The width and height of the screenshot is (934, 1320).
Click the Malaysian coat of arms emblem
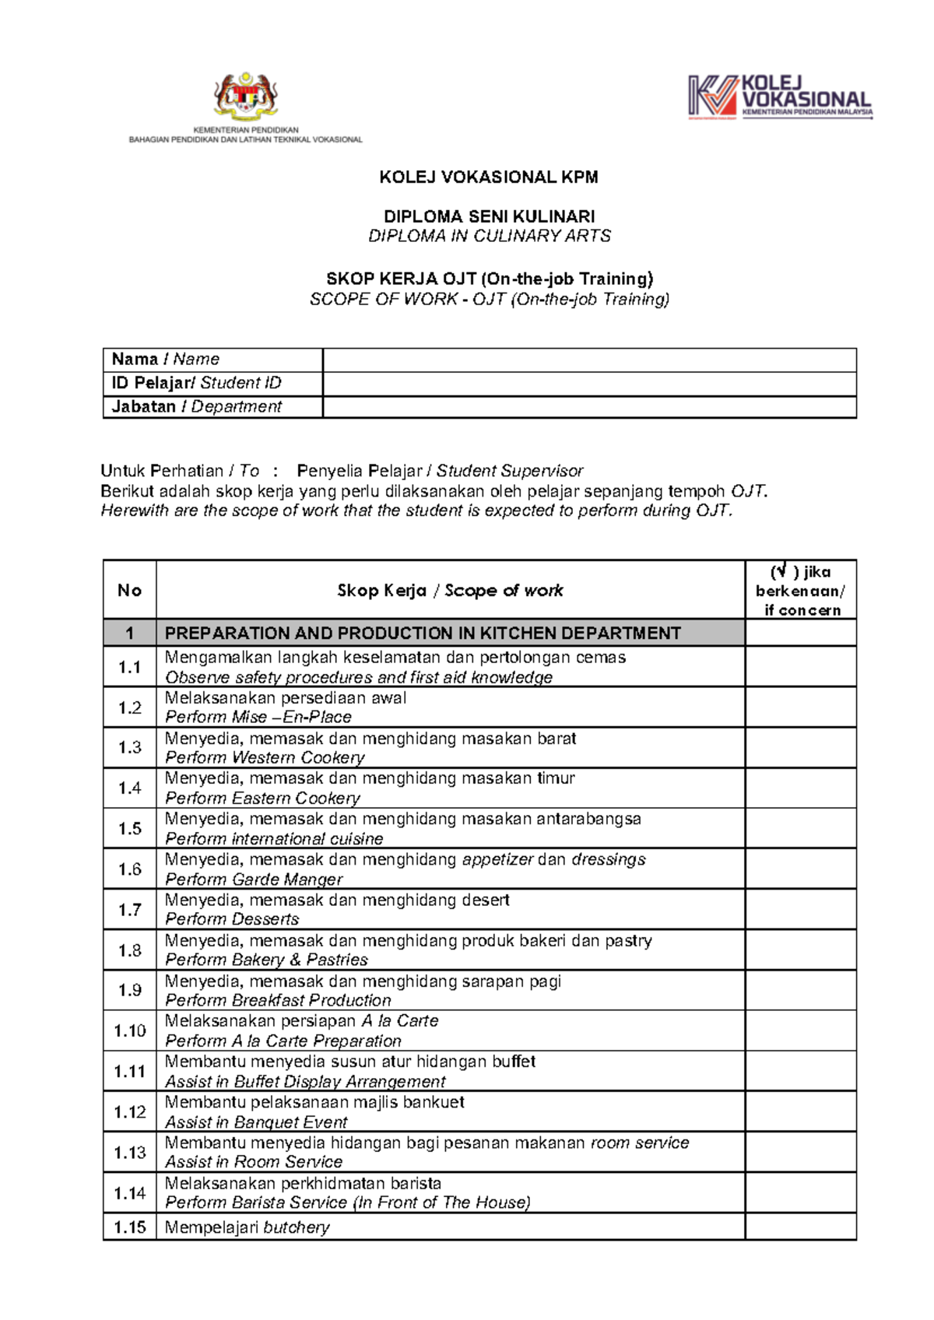pyautogui.click(x=246, y=97)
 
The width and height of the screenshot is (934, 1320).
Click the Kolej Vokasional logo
pyautogui.click(x=779, y=97)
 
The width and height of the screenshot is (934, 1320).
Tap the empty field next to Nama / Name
pyautogui.click(x=589, y=360)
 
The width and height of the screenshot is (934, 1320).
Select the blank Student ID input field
pyautogui.click(x=589, y=384)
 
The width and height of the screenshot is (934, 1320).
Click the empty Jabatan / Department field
pyautogui.click(x=589, y=407)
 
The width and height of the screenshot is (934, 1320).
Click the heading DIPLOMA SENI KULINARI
pyautogui.click(x=489, y=216)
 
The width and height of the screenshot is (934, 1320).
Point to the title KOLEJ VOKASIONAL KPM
pyautogui.click(x=489, y=177)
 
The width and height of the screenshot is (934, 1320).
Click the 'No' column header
pyautogui.click(x=129, y=590)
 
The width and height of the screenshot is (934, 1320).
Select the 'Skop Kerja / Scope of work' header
pyautogui.click(x=450, y=590)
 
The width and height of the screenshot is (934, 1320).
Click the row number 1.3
pyautogui.click(x=129, y=747)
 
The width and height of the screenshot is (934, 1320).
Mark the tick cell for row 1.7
pyautogui.click(x=800, y=909)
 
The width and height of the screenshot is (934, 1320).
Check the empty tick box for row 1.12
pyautogui.click(x=800, y=1111)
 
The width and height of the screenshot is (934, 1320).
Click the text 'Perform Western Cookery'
pyautogui.click(x=265, y=757)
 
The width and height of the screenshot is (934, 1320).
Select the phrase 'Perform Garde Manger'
pyautogui.click(x=254, y=879)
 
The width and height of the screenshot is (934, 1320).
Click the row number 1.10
pyautogui.click(x=129, y=1030)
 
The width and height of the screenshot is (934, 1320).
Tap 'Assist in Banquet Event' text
pyautogui.click(x=256, y=1122)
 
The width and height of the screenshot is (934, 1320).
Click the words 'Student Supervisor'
pyautogui.click(x=509, y=471)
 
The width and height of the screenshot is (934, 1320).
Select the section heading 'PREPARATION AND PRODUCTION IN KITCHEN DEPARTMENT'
pyautogui.click(x=423, y=633)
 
